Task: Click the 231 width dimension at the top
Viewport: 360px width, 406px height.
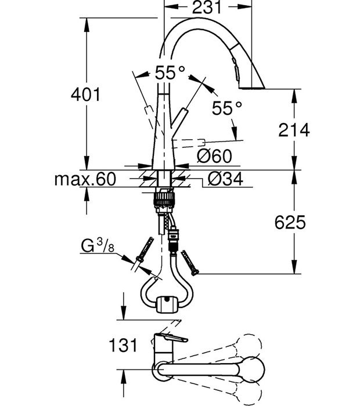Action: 207,7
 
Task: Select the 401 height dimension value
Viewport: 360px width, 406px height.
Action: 86,94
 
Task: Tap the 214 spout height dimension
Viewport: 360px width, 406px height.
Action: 294,130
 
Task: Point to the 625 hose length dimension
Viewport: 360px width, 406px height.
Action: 290,222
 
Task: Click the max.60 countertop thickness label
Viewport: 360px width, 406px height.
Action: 85,179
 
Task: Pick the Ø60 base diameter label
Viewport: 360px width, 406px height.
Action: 214,156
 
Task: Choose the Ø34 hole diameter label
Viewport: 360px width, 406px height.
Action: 225,179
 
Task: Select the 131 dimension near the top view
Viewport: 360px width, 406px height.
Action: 123,345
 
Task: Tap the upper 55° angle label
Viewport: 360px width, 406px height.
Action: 170,72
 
